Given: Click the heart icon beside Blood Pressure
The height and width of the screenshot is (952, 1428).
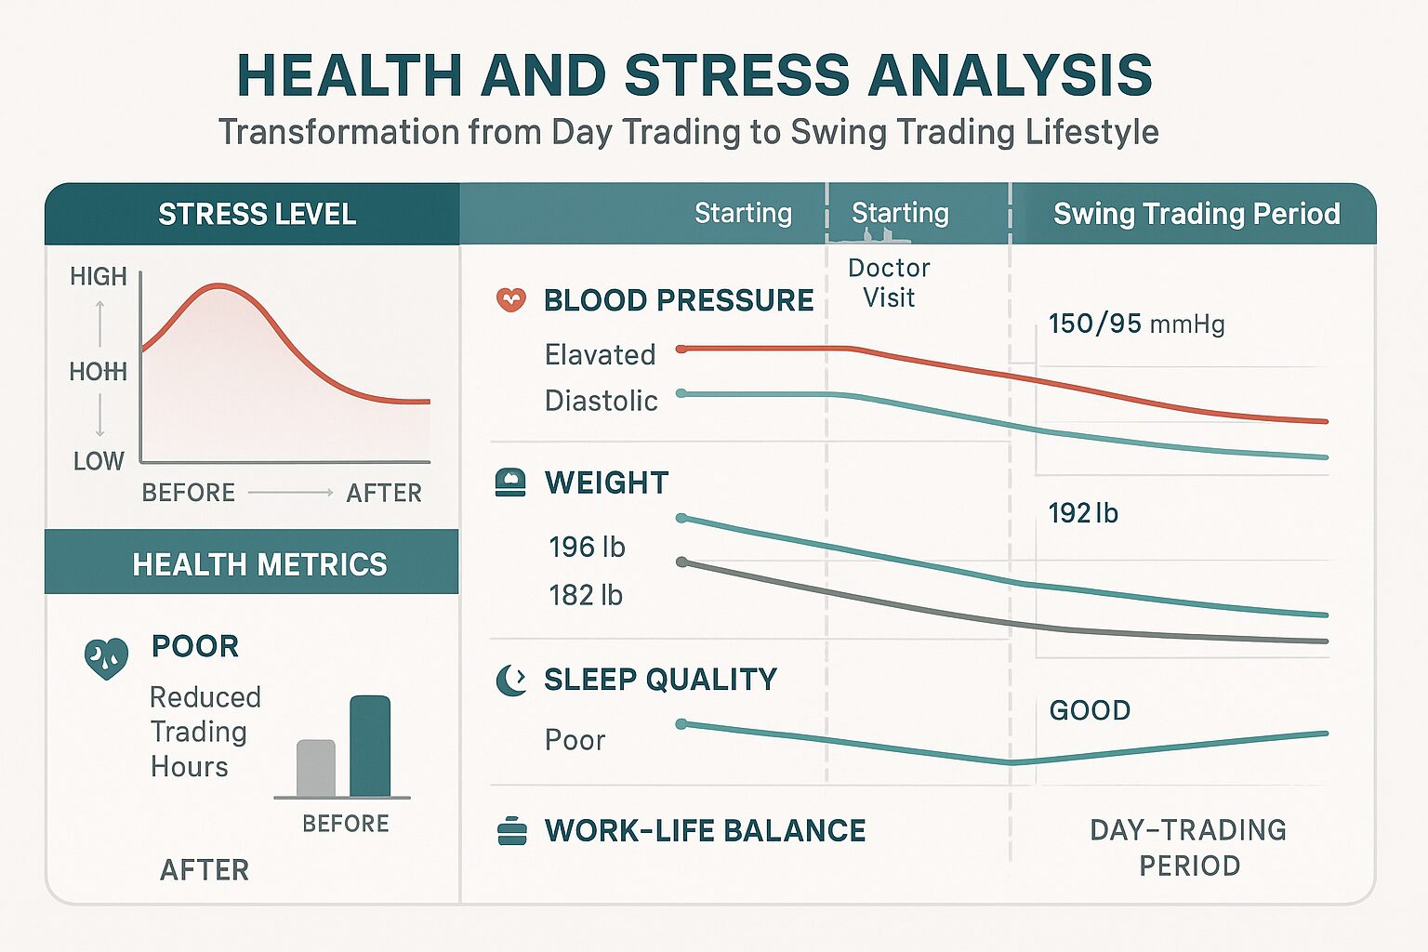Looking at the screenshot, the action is tap(510, 299).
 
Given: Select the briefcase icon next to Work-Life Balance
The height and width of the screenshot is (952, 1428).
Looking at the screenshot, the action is tap(511, 831).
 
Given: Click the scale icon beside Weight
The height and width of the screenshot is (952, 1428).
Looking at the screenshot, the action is tap(510, 483).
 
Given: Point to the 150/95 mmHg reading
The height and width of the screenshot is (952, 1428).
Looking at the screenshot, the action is tap(1137, 324).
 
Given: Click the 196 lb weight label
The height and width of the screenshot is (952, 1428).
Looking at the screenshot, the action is tap(588, 547).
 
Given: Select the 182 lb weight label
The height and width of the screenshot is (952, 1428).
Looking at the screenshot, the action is tap(586, 596).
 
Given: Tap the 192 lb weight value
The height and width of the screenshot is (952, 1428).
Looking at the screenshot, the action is tap(1084, 513).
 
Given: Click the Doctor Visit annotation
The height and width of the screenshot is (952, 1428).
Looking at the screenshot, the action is tap(889, 283).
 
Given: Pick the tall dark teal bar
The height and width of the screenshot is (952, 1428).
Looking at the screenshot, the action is tap(370, 746).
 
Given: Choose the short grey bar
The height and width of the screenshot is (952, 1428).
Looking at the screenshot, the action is tap(316, 768).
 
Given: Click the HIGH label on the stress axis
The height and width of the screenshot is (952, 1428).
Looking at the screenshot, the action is tap(99, 277).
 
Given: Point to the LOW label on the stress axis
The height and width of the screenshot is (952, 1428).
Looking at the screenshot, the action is tap(99, 461).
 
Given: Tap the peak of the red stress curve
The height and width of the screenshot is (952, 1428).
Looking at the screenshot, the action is tap(218, 285).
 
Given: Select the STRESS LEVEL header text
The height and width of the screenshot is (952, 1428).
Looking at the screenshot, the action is tap(257, 214).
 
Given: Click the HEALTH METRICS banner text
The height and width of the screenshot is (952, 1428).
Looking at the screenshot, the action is tap(260, 564).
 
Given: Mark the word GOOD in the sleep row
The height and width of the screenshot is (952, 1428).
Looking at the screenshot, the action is tap(1091, 710).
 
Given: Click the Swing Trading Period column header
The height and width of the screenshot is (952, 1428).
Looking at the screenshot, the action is tap(1197, 214).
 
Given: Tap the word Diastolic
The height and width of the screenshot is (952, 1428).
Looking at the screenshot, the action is tap(602, 401).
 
